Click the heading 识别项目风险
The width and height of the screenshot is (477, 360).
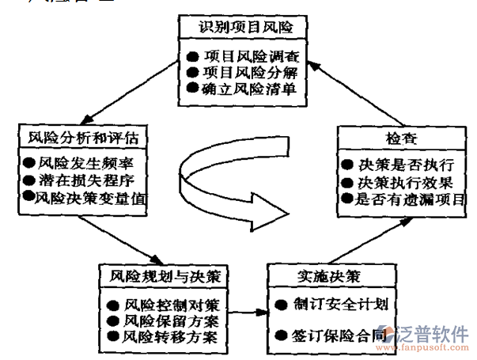242,28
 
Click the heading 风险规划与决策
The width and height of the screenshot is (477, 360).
164,277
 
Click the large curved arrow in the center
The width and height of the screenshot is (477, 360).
229,182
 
